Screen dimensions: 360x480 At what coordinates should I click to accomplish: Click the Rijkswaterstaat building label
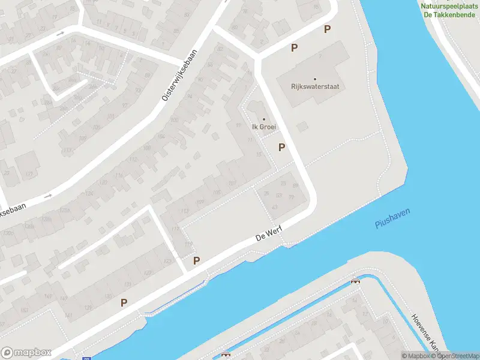point(314,86)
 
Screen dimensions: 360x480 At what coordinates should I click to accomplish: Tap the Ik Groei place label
point(263,127)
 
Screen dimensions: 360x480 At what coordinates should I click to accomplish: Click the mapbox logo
point(26,353)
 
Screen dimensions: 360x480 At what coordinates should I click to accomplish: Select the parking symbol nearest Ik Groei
point(281,147)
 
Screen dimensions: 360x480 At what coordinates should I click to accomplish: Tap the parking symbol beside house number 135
point(124,303)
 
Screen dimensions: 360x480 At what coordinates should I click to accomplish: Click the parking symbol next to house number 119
point(196,260)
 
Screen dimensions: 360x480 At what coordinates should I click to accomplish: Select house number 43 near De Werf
point(275,207)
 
